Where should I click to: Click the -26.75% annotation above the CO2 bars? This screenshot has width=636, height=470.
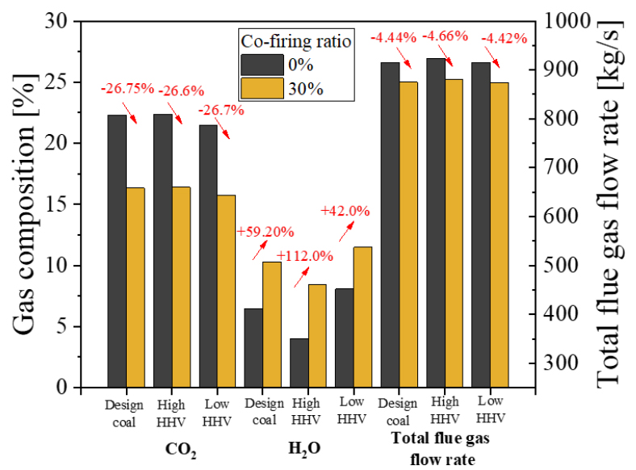[127, 89]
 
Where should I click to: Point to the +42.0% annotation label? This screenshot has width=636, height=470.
[345, 212]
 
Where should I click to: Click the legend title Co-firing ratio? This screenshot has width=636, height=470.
[296, 41]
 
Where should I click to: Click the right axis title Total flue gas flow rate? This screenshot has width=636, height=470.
[614, 205]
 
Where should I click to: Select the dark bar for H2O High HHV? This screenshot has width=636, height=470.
[299, 363]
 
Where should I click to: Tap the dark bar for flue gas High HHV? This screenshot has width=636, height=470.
[435, 222]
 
